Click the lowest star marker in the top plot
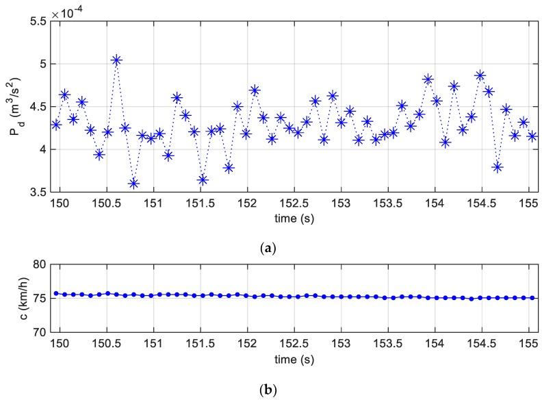coord(133,183)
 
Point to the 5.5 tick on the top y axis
coord(40,21)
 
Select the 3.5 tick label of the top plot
coord(40,192)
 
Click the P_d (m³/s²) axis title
coord(16,108)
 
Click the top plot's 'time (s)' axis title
coord(295,218)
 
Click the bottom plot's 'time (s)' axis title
coord(295,358)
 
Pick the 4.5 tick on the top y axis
coord(40,107)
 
